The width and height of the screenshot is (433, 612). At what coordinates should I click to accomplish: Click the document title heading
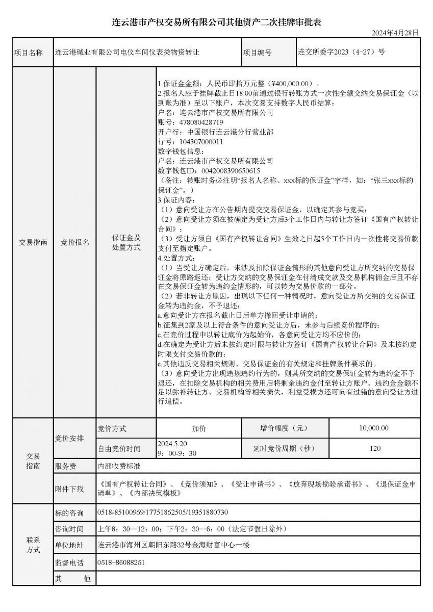pyautogui.click(x=217, y=22)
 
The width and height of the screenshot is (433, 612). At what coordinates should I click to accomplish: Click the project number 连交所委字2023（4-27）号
pyautogui.click(x=341, y=52)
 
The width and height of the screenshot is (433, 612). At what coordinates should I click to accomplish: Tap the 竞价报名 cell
pyautogui.click(x=74, y=243)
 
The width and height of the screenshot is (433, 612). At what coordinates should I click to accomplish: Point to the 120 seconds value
pyautogui.click(x=374, y=449)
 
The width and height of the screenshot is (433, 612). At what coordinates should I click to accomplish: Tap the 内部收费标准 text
pyautogui.click(x=119, y=466)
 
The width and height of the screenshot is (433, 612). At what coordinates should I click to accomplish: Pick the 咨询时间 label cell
pyautogui.click(x=69, y=529)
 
